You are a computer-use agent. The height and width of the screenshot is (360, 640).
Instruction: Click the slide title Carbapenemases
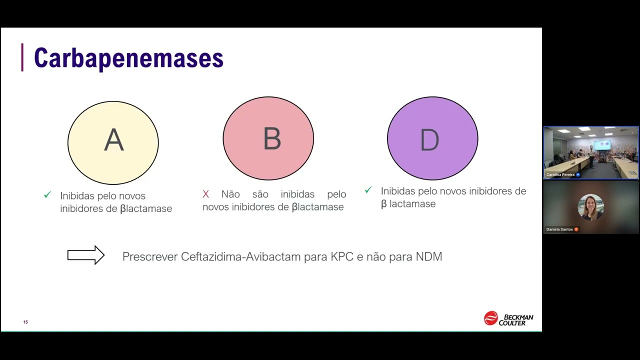[x=128, y=58]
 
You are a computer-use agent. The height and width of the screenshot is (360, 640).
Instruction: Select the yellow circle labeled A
[x=113, y=142]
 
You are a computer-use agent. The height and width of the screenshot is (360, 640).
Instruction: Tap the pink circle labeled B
[x=268, y=138]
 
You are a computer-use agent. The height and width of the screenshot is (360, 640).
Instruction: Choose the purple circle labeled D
[x=432, y=138]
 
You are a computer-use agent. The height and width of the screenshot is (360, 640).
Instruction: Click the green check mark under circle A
[x=47, y=195]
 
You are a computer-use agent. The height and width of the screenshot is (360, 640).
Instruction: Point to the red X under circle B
[x=205, y=194]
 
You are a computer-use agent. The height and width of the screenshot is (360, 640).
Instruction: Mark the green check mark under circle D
[x=368, y=190]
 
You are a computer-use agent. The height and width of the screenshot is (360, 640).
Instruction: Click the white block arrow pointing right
[x=85, y=255]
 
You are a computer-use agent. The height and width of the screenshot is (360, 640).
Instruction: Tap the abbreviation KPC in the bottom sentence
[x=341, y=256]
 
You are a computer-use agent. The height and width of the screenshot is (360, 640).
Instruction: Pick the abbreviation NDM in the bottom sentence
[x=429, y=256]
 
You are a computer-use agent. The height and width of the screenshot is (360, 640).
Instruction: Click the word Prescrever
[x=150, y=256]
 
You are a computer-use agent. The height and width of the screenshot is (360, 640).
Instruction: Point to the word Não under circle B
[x=230, y=194]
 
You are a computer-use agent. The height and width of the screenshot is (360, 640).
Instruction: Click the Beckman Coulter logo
[x=508, y=318]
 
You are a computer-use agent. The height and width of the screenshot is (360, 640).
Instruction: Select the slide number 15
[x=25, y=322]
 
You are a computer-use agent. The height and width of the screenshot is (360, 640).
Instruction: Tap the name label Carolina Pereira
[x=560, y=175]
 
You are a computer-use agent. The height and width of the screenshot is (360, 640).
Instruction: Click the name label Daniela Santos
[x=559, y=229]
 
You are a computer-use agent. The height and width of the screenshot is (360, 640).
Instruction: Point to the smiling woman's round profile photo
[x=590, y=207]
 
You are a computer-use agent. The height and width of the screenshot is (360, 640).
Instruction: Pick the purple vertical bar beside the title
[x=22, y=57]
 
